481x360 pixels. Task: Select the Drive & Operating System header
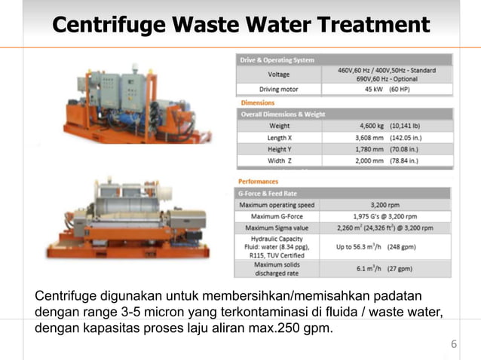277,59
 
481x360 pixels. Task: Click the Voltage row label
278,75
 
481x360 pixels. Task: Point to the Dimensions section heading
257,102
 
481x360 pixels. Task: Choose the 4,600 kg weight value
387,126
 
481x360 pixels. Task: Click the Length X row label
278,138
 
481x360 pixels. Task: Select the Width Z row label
278,160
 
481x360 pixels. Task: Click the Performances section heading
259,182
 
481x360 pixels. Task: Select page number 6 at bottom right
454,345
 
